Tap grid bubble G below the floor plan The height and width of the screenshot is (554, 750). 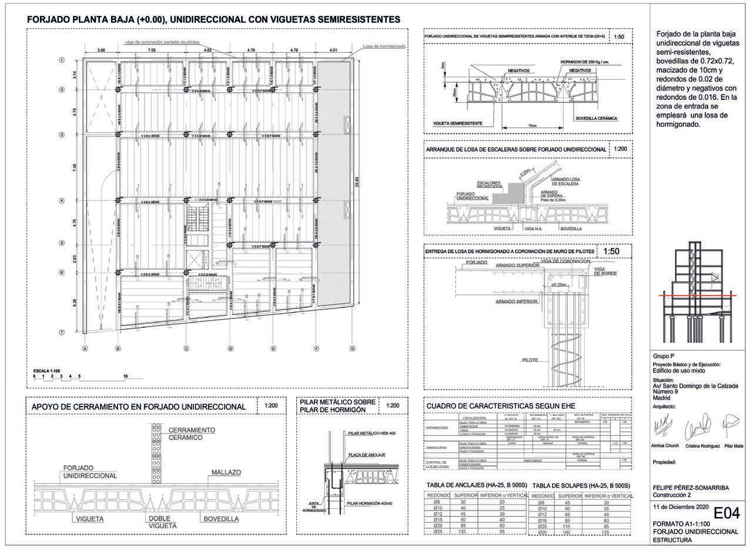tap(353, 348)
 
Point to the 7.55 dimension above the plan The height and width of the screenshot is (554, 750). tap(152, 51)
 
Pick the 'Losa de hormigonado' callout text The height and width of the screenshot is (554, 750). tap(384, 46)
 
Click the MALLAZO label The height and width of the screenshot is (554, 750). tap(224, 472)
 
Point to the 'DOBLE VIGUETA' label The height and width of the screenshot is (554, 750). tap(159, 522)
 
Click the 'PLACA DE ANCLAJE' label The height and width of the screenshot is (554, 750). tap(365, 455)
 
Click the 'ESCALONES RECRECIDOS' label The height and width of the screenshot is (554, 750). tap(489, 185)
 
